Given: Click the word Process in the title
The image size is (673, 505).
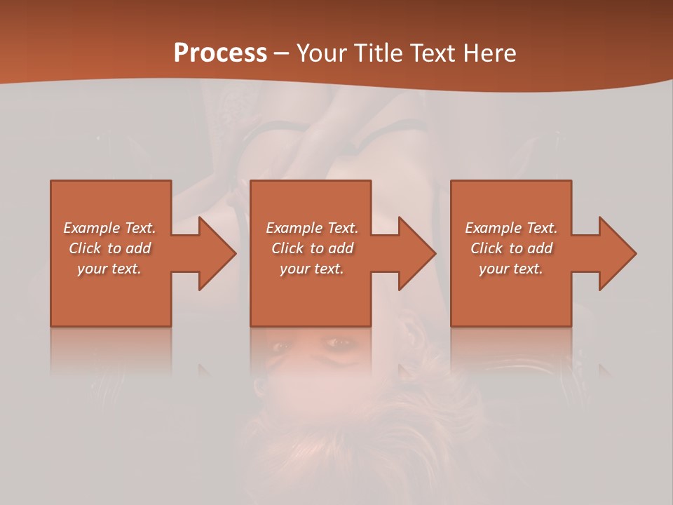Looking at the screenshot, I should (220, 53).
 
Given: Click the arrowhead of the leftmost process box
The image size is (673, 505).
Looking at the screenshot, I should (214, 253).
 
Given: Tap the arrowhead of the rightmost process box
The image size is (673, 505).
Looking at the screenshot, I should (614, 253).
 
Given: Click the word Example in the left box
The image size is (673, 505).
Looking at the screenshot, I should (91, 228).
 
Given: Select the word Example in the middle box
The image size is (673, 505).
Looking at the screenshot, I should (294, 228).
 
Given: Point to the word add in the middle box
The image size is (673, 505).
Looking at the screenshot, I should (341, 248).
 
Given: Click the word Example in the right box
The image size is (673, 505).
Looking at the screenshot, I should (493, 228).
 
